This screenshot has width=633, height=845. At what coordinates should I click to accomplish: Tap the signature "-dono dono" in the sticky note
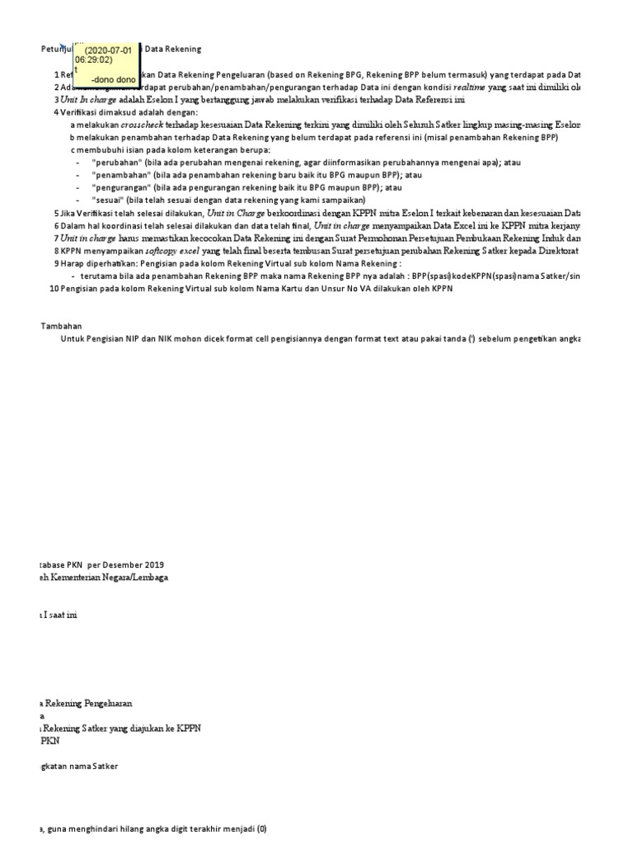tap(113, 79)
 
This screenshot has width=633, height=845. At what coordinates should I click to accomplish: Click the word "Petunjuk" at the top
tap(56, 50)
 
